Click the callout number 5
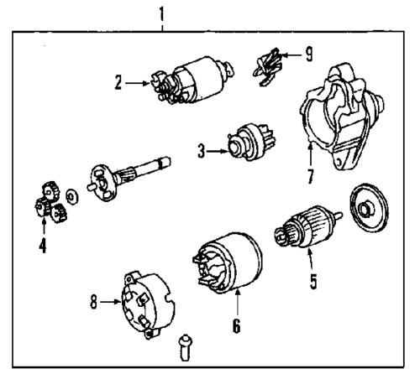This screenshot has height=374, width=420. (x=312, y=281)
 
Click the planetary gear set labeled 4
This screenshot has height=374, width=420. (x=46, y=204)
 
